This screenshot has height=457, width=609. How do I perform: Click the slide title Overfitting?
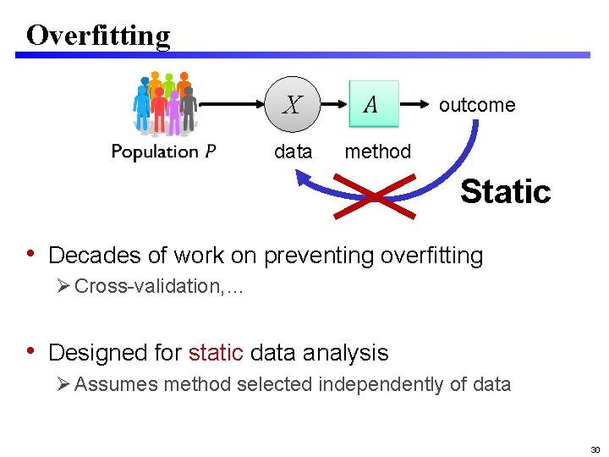[x=98, y=35]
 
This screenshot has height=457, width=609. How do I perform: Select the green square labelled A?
[x=372, y=105]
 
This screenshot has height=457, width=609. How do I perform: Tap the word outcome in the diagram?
[x=476, y=105]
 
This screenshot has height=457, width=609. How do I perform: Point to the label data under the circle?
[x=293, y=151]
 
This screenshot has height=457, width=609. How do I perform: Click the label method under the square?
[x=377, y=151]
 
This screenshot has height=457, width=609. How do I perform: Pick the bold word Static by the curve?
[x=505, y=191]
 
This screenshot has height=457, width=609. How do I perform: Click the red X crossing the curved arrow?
[x=373, y=197]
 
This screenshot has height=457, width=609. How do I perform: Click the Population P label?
[x=164, y=151]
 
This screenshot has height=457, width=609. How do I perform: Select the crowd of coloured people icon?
[x=165, y=103]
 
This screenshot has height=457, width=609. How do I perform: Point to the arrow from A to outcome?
[x=415, y=105]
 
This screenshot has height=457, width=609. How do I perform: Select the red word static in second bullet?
[x=216, y=352]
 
